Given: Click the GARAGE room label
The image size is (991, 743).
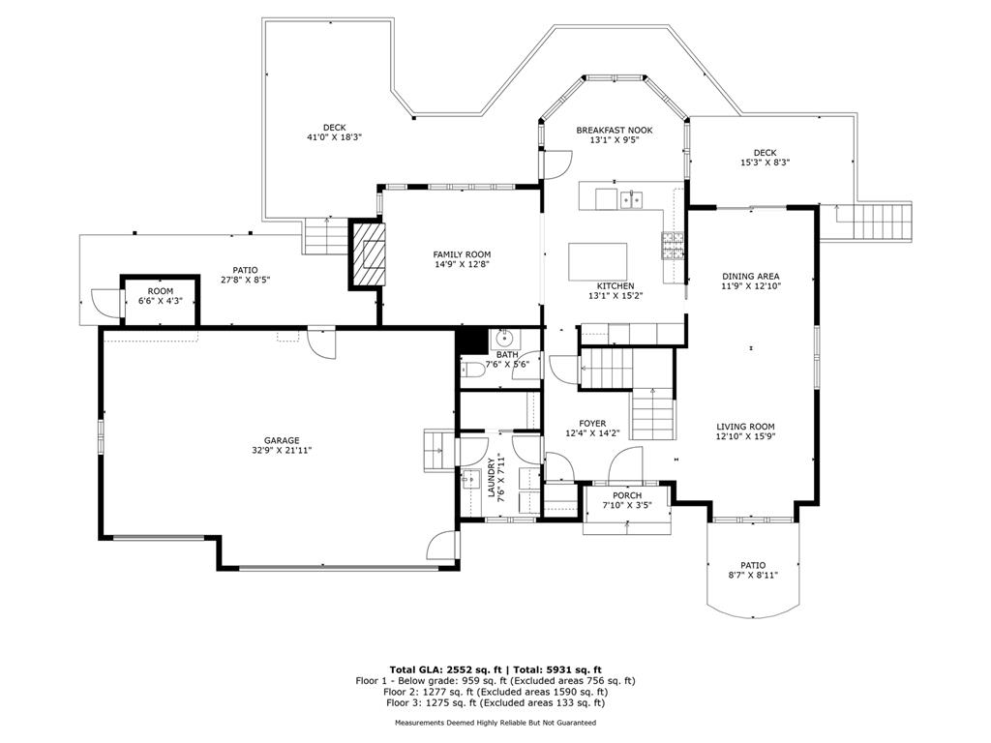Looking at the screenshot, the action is [x=282, y=440].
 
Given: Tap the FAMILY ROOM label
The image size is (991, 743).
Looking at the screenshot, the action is [x=462, y=254].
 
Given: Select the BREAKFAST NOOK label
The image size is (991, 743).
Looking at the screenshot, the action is [x=615, y=131].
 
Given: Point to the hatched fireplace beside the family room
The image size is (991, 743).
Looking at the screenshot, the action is [x=367, y=253].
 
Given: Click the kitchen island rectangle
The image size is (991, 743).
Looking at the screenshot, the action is [x=598, y=261].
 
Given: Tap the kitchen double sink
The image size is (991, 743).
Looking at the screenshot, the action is [x=631, y=199].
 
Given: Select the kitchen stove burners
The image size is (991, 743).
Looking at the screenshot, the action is [x=673, y=246].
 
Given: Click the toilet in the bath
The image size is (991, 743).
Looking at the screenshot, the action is [x=472, y=370].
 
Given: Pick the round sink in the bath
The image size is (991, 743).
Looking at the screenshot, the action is [x=503, y=339].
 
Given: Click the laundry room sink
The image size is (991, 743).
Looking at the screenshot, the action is [x=471, y=479].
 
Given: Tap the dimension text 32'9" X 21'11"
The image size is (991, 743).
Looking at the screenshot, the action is [x=282, y=451].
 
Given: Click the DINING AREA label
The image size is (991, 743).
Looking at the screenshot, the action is [x=751, y=276].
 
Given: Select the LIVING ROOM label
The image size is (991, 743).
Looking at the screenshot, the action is [x=746, y=427].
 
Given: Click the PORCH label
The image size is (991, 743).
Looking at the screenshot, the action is [x=627, y=495].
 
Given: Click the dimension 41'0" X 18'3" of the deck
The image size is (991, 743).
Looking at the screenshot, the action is [x=334, y=137].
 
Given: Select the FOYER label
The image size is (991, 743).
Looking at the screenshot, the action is [x=593, y=424].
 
